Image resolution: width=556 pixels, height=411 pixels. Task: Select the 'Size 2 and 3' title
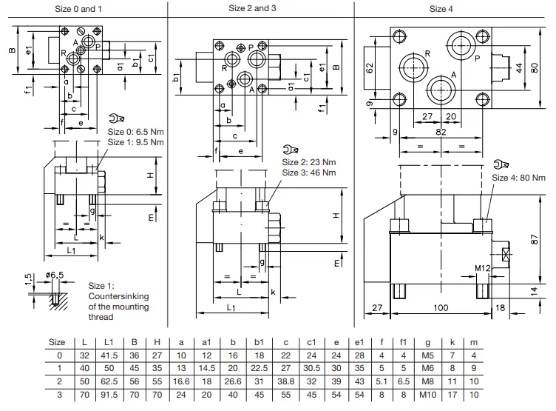[x=259, y=8]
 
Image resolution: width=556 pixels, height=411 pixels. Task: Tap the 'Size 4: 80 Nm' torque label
[x=518, y=177]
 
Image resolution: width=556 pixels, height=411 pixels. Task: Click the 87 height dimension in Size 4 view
[x=536, y=240]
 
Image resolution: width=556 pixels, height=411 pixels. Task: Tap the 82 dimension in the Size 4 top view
[x=441, y=131]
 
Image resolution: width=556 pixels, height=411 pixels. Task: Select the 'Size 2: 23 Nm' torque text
[x=309, y=162]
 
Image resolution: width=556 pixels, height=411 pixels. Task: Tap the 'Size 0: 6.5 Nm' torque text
[x=135, y=132]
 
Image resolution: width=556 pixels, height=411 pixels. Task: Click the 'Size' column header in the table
[x=56, y=343]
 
